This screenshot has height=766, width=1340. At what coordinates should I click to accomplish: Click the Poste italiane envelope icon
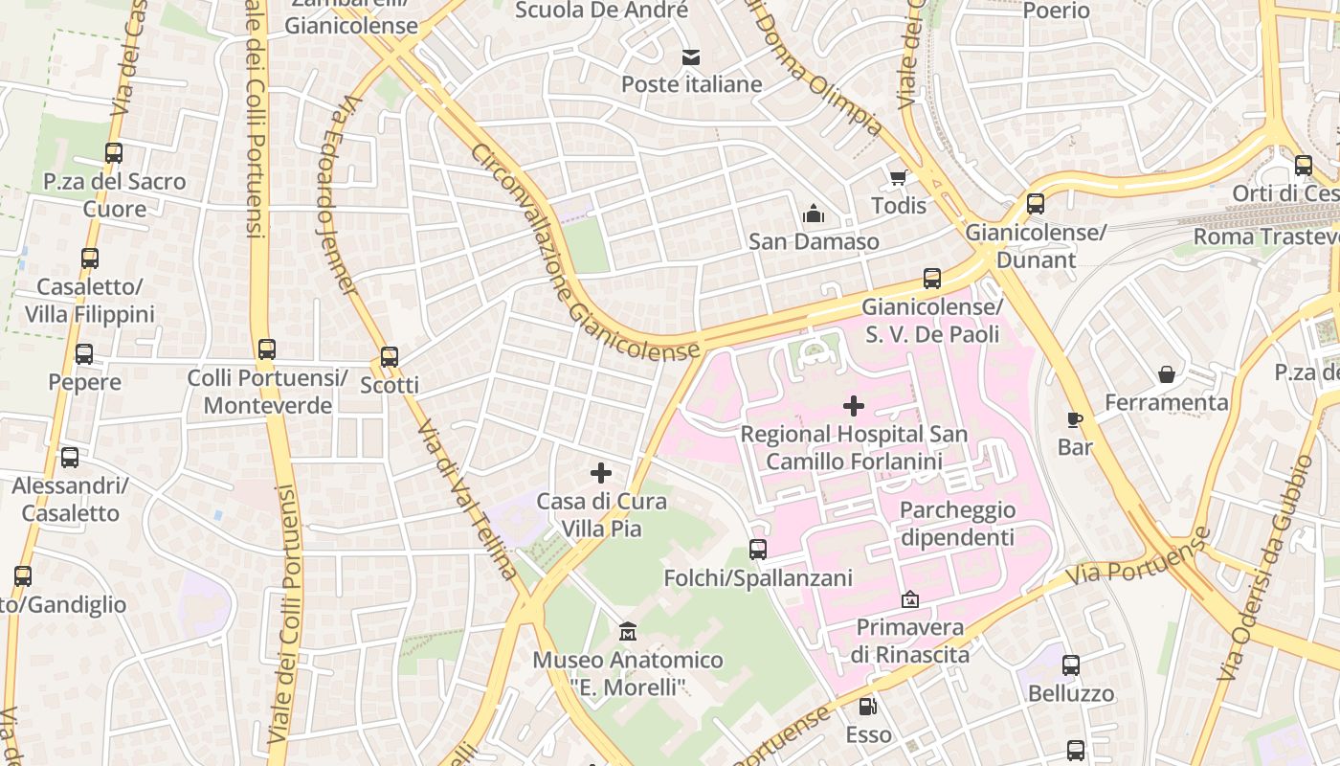tap(690, 57)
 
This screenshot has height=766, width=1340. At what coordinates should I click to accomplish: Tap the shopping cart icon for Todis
tap(898, 178)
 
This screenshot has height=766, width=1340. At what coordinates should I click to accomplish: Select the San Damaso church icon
tap(814, 214)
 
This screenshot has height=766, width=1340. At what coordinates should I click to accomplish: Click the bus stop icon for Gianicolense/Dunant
tap(1035, 204)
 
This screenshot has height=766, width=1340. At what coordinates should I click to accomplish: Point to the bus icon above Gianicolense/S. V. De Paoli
tap(931, 279)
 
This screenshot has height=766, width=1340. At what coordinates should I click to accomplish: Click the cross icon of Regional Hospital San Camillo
tap(853, 406)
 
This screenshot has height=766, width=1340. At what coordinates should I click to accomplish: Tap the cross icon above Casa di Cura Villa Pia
tap(600, 473)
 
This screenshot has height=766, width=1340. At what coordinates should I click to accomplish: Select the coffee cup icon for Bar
tap(1075, 419)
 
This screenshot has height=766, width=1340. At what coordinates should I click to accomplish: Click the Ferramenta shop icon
tap(1166, 374)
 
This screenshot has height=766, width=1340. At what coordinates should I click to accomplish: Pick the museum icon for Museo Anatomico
tap(628, 632)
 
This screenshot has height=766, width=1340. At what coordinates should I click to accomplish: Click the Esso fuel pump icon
tap(867, 707)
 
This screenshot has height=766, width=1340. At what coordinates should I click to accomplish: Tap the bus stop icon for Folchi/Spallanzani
tap(757, 550)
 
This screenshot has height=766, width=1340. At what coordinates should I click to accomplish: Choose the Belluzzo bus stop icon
tap(1070, 665)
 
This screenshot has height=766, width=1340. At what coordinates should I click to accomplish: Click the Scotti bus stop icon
tap(389, 357)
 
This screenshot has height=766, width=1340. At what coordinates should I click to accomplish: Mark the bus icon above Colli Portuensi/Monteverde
tap(267, 349)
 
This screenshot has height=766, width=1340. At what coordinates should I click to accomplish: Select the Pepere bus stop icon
tap(84, 354)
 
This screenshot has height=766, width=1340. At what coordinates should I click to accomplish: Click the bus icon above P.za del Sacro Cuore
tap(114, 153)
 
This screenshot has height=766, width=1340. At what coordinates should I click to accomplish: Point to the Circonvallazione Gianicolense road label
tap(584, 254)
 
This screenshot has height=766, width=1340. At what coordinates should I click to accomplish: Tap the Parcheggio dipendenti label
tap(956, 524)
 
